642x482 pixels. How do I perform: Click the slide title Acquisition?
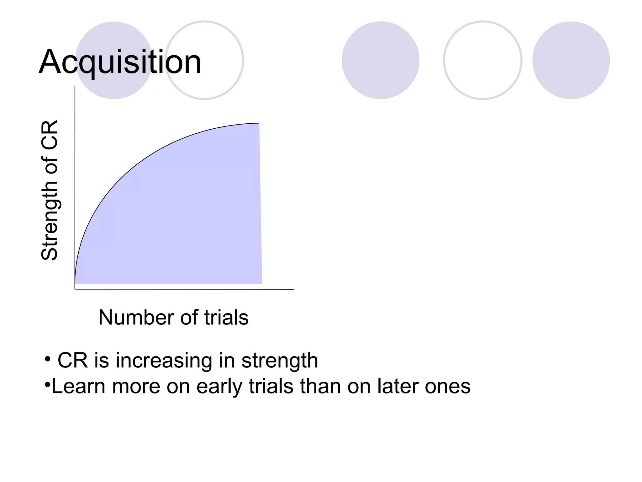(x=120, y=62)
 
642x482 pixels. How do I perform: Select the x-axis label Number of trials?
(x=173, y=317)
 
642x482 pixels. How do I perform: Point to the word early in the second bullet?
(x=219, y=386)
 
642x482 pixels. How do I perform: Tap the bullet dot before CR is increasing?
(x=47, y=359)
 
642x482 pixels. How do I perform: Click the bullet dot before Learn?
(x=47, y=384)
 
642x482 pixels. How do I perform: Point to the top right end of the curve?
(x=259, y=123)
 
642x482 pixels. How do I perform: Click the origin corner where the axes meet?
(x=75, y=289)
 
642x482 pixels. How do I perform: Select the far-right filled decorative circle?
(x=571, y=60)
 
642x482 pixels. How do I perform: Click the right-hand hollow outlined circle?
(x=482, y=60)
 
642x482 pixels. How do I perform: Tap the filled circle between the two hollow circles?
(x=380, y=60)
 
